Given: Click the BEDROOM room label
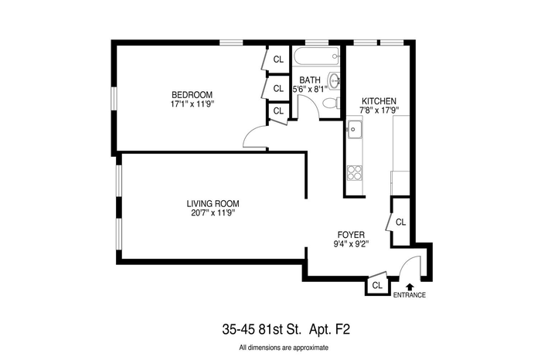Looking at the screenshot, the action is point(192,94).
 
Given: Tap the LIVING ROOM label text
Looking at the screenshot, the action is point(213,203).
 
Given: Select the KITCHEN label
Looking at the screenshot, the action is point(379,101).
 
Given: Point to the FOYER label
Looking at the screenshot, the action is point(351,235).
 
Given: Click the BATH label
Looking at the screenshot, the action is point(309,80).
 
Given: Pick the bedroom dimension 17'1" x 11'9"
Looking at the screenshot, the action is point(192,104).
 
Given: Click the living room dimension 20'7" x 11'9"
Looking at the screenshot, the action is point(213,212).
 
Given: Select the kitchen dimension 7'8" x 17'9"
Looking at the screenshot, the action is point(379,110).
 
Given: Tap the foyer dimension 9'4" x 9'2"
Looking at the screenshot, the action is point(351,244).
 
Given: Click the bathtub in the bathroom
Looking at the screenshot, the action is point(316,56).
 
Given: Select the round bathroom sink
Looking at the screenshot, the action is point(335,81).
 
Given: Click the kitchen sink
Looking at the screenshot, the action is point(354,130).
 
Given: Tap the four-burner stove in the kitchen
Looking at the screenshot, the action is point(354,173).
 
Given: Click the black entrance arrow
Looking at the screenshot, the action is point(410,287).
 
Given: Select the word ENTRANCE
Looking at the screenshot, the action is point(410,295).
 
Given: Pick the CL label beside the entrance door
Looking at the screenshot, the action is point(377,286).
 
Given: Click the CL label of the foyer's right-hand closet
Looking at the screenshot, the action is point(400,222).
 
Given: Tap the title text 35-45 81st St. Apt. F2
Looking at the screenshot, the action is point(286,329).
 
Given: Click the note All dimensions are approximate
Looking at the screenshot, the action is point(284,348).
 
